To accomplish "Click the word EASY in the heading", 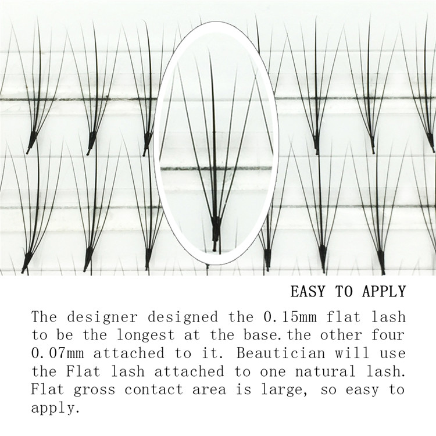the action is click(308, 291).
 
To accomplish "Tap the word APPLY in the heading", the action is click(384, 292).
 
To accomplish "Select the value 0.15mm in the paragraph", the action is click(290, 317).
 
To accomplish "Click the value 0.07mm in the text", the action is click(58, 353).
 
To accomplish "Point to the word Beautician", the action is click(281, 353).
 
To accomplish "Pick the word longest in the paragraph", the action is click(145, 335).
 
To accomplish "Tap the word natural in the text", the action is click(326, 371).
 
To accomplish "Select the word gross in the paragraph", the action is click(94, 390).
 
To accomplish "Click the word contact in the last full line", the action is click(154, 389).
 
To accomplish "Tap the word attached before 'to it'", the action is click(128, 353).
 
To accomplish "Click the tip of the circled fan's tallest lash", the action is click(209, 49).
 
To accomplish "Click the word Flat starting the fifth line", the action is click(48, 389).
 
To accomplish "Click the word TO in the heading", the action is click(344, 291).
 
